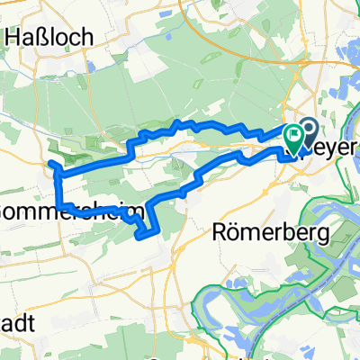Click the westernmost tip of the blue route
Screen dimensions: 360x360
coord(50,164)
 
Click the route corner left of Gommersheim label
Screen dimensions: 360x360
coord(59,205)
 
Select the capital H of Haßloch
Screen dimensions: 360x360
coord(13,37)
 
